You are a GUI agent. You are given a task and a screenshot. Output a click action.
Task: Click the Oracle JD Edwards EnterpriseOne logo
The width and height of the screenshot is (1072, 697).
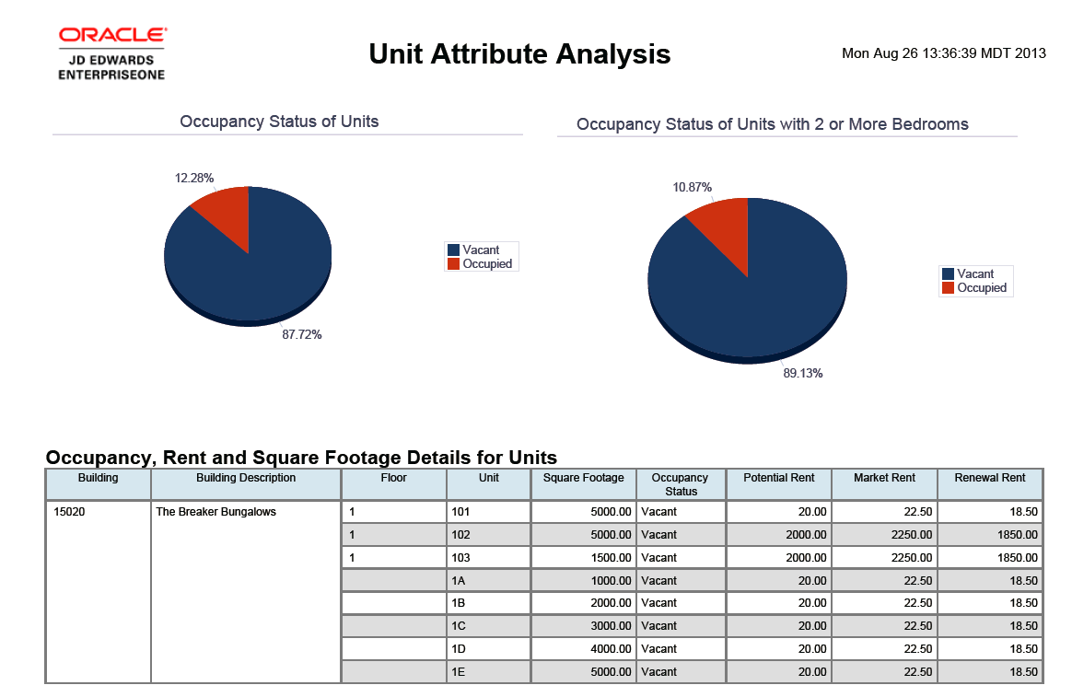[111, 52]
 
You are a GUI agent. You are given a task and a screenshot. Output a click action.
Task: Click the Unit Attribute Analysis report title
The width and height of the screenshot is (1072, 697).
[519, 54]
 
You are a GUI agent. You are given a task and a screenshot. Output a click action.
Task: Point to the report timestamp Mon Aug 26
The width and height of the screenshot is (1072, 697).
[943, 53]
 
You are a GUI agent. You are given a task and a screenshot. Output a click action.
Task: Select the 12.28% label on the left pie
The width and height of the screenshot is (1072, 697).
[194, 178]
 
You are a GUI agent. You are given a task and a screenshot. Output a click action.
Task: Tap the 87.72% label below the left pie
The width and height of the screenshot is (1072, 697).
[302, 335]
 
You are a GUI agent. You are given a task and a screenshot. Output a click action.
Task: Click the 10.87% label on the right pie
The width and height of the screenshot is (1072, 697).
[693, 188]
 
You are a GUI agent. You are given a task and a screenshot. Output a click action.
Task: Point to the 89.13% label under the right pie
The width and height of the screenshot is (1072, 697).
[803, 374]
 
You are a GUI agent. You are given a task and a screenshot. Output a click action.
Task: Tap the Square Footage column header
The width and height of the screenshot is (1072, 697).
[583, 478]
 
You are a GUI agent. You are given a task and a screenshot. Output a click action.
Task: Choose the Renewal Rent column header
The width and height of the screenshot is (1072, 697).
[989, 478]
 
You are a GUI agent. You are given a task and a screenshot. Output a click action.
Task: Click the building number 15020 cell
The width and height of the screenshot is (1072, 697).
[70, 512]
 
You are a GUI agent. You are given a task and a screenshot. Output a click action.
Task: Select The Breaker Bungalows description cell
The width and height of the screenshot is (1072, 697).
[216, 512]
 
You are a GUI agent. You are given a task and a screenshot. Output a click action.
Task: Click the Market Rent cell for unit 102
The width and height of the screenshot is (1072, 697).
[883, 535]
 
